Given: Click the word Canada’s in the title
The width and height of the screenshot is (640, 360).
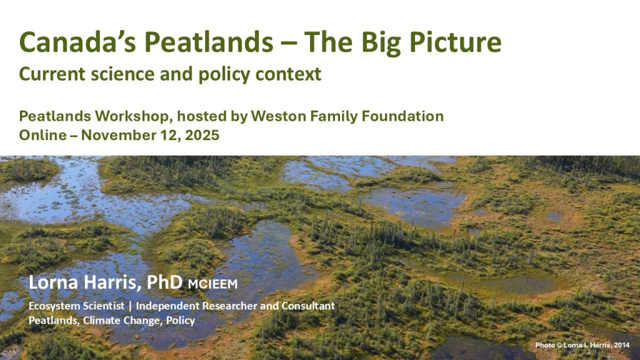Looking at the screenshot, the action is click(77, 42).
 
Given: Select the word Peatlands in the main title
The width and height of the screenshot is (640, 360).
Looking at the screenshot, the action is click(209, 42).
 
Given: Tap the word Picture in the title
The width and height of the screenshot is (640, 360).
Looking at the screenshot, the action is click(455, 42).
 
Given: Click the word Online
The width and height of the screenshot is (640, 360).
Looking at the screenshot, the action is click(43, 135).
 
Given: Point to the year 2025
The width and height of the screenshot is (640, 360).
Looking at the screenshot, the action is click(202, 135).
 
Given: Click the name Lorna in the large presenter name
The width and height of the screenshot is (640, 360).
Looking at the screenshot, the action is click(53, 282).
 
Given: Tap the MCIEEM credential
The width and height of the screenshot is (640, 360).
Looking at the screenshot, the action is click(212, 284).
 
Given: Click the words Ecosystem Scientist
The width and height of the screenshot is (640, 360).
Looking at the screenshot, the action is click(76, 306).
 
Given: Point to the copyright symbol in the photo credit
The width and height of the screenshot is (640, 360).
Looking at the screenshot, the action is click(559, 345).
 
